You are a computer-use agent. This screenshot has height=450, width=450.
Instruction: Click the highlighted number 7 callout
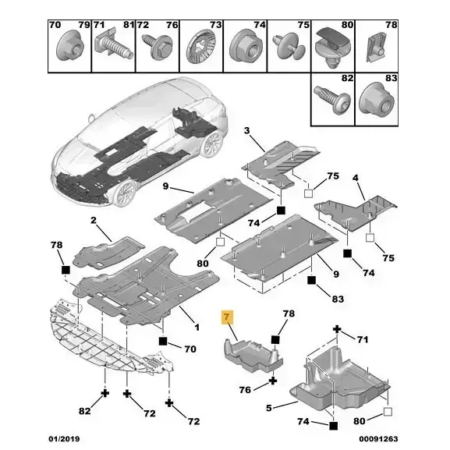click(x=227, y=317)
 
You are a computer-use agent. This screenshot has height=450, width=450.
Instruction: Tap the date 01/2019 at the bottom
click(x=64, y=439)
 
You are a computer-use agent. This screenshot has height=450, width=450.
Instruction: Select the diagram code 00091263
click(x=378, y=439)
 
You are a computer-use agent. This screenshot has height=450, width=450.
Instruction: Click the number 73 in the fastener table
click(x=215, y=25)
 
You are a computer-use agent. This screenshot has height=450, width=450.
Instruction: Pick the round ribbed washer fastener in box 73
click(x=200, y=47)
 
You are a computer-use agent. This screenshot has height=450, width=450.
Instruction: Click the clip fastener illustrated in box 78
click(x=375, y=48)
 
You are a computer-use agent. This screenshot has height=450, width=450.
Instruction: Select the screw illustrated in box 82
click(x=332, y=99)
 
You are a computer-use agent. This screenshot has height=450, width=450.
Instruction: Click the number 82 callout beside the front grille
click(x=84, y=411)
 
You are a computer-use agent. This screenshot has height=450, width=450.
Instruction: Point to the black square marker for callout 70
click(x=163, y=341)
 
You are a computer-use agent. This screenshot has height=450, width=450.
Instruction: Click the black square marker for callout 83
click(x=311, y=280)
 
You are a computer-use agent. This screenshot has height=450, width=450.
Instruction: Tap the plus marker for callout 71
click(x=337, y=329)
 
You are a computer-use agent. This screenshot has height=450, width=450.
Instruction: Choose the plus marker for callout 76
click(x=273, y=381)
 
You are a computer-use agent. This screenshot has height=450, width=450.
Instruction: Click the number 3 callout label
click(x=246, y=130)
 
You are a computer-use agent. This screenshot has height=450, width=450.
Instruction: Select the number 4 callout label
click(x=356, y=178)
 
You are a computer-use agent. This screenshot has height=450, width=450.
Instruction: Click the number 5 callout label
click(x=268, y=408)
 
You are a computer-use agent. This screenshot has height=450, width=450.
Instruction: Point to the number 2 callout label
click(x=94, y=221)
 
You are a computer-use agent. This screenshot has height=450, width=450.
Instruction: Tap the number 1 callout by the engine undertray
click(x=197, y=328)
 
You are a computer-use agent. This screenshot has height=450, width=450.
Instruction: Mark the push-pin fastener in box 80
click(x=333, y=47)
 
